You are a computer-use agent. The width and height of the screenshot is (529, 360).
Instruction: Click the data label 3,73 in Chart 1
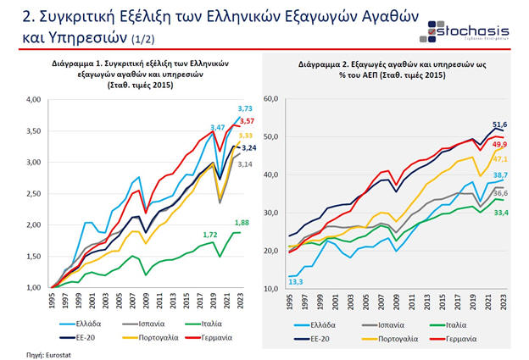tap(244, 108)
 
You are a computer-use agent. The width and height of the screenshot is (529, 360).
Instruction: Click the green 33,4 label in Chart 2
tap(501, 213)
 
